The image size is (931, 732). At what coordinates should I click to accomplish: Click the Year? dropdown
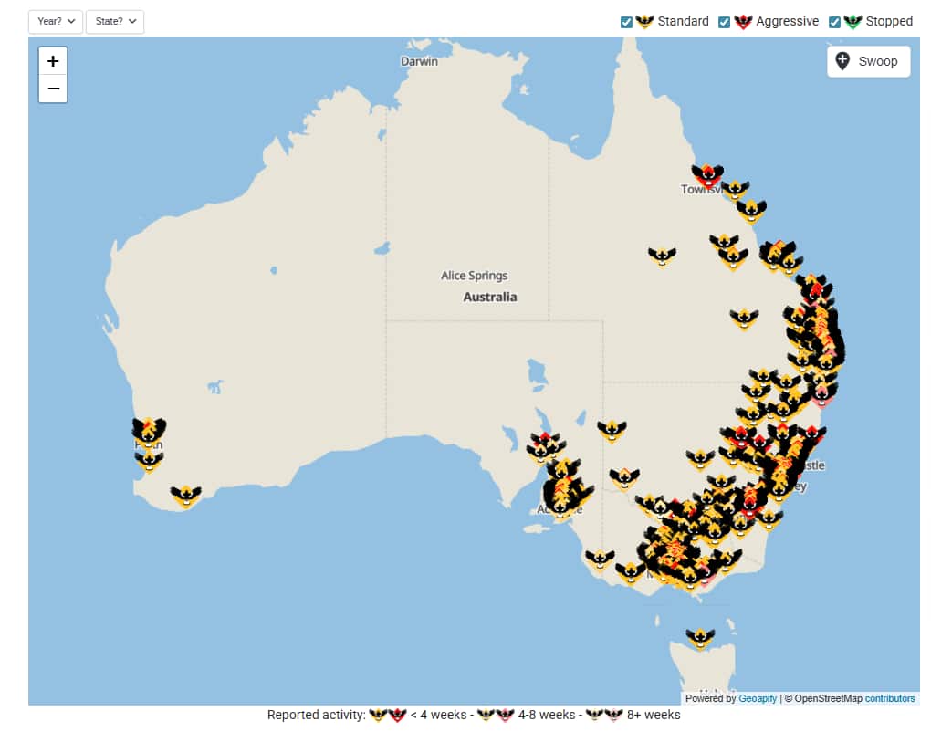pos(56,21)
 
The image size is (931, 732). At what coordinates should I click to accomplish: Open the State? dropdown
pos(115,21)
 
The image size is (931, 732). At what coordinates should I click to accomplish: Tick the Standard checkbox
pos(627,22)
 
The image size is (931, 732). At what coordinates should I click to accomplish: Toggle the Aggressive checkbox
pos(725,22)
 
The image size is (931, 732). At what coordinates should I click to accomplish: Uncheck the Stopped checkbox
pos(834,22)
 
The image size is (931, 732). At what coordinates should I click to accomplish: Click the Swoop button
pos(868,61)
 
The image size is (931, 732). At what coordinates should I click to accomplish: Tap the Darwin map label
pos(419,61)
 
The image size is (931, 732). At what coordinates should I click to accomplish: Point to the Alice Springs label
pos(474,276)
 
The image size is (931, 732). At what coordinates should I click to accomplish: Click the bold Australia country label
pos(490,297)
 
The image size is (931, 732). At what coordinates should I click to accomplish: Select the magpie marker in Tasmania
pos(700,637)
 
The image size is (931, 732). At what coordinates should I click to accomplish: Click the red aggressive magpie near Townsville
pos(706,173)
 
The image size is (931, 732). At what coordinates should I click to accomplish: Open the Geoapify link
pos(758,698)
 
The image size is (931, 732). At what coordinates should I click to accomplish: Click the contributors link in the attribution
pos(890,698)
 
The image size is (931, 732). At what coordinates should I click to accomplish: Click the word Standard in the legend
pos(683,21)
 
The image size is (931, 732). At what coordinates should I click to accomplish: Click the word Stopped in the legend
pos(889,21)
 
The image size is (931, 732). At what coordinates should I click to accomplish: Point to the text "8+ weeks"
pos(654,715)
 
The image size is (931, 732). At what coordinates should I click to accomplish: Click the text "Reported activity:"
pos(316,715)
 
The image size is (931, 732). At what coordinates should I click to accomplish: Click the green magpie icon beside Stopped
pos(853,21)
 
